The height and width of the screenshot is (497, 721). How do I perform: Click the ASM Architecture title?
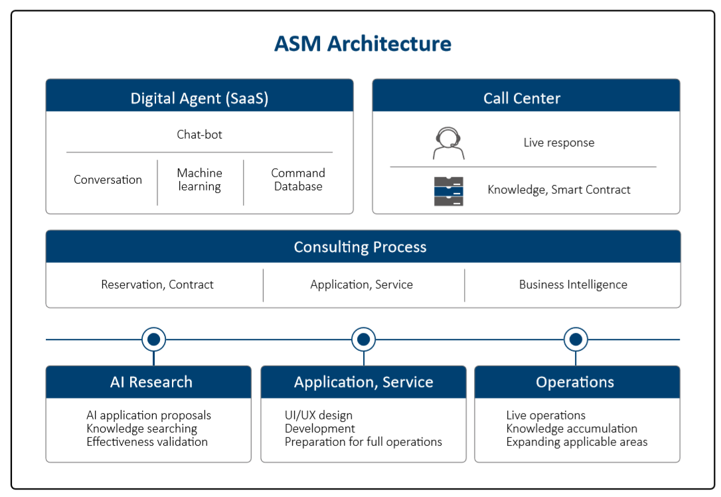(x=362, y=44)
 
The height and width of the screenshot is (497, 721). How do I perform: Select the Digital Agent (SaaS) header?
(x=200, y=96)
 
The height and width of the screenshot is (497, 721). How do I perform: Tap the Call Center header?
(x=526, y=96)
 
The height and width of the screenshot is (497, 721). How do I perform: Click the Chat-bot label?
(x=200, y=135)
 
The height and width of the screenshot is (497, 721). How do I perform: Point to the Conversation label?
(x=108, y=180)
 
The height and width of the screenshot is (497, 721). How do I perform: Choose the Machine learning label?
(x=200, y=180)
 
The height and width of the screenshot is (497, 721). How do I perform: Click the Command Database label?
(x=298, y=180)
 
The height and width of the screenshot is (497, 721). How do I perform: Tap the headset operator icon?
(x=448, y=143)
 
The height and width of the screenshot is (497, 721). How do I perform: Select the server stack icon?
(x=448, y=191)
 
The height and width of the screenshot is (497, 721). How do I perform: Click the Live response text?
(x=559, y=143)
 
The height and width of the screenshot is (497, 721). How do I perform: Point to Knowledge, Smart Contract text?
(x=559, y=190)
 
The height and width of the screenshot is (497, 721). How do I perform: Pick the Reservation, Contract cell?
(x=157, y=285)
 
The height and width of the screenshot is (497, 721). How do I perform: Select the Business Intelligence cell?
(x=573, y=285)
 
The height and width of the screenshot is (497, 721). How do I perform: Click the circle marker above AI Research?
(x=153, y=340)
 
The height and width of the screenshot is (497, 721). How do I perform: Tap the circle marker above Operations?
(x=576, y=340)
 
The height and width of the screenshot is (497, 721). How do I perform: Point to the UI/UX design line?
(x=319, y=415)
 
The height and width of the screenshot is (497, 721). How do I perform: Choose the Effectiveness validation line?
(x=147, y=442)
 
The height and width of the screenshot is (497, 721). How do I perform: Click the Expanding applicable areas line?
(x=577, y=443)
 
